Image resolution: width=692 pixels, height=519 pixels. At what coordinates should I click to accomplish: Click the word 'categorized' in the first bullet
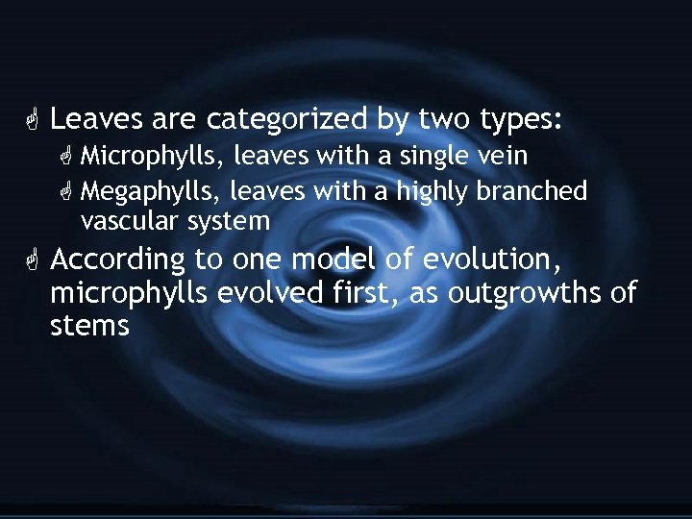[x=286, y=120]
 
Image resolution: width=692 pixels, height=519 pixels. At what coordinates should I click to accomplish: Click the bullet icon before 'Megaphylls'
[x=67, y=191]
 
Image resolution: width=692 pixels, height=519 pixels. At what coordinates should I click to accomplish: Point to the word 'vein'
[x=502, y=156]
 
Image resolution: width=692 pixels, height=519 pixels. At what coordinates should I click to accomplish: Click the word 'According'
[x=117, y=260]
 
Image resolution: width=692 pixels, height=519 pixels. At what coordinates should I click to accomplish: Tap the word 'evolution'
[x=496, y=259]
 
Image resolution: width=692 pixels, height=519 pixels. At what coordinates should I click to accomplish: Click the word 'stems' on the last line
[x=89, y=326]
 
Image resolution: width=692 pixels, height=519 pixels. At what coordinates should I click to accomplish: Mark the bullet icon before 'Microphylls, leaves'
[x=67, y=156]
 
